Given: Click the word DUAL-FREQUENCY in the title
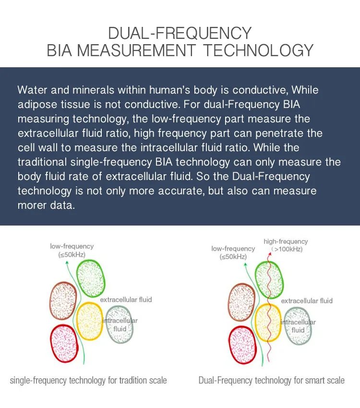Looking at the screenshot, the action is (180, 33).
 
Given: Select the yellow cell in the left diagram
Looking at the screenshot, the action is (90, 321).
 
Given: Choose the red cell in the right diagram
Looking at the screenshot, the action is (243, 345).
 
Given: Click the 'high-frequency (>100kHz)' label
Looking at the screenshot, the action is (286, 245).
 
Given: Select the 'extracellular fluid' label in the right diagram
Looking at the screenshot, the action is (306, 300).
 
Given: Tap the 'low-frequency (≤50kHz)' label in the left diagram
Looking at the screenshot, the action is (72, 250).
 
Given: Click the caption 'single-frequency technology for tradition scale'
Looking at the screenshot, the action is (88, 381).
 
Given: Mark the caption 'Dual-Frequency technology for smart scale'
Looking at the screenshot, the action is (271, 381).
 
